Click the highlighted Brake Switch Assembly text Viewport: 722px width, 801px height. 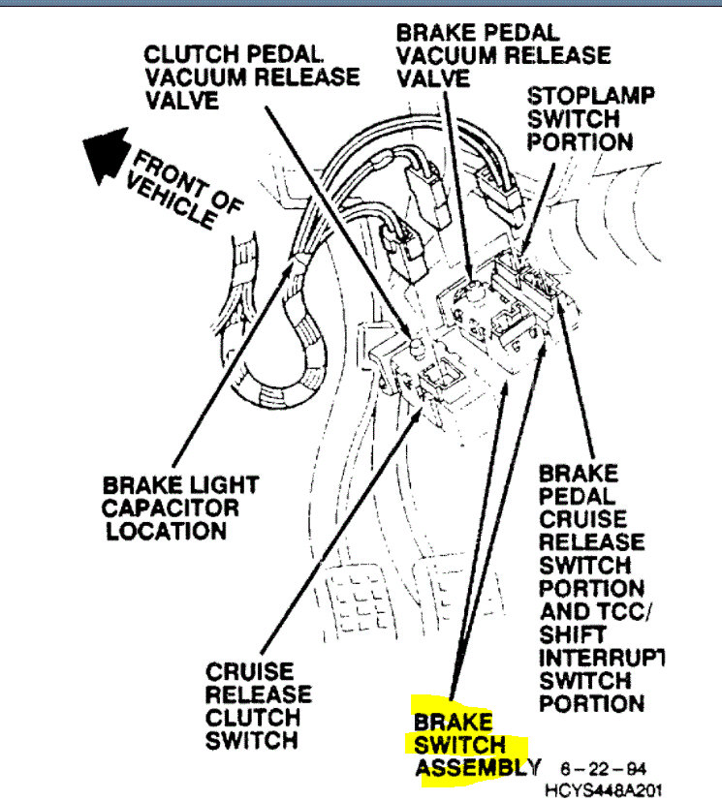[471, 746]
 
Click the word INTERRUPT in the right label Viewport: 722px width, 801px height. [601, 658]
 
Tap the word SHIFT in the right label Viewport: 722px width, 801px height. [568, 634]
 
